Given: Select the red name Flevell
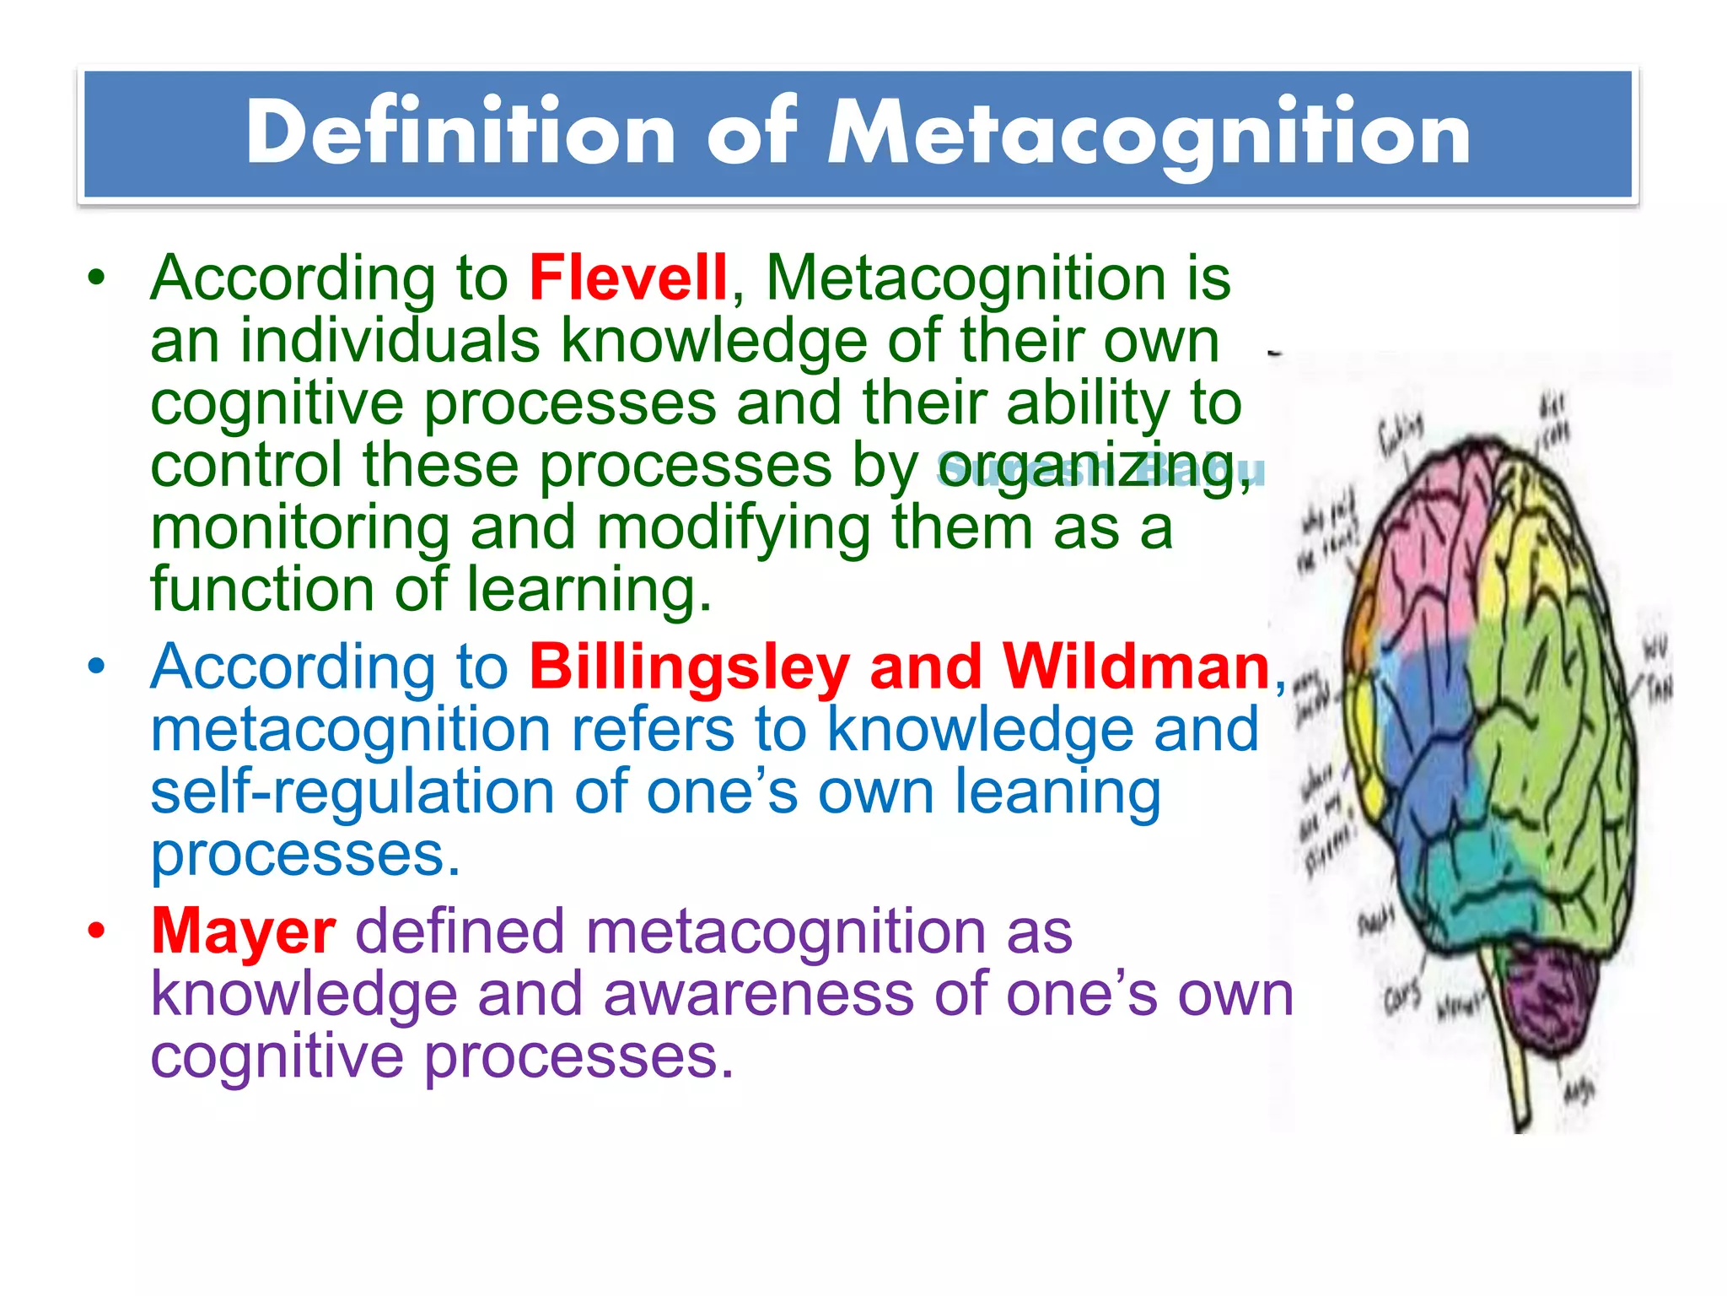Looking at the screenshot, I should pyautogui.click(x=627, y=278).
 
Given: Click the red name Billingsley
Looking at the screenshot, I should pyautogui.click(x=689, y=667).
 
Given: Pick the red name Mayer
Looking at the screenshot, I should pyautogui.click(x=244, y=932).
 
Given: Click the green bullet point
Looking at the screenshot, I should pyautogui.click(x=98, y=278).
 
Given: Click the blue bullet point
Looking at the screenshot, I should pyautogui.click(x=98, y=667).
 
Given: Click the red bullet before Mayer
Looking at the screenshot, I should pyautogui.click(x=98, y=932).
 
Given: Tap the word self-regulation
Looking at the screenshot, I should pyautogui.click(x=352, y=793).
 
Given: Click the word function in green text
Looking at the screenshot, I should pyautogui.click(x=261, y=590).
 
